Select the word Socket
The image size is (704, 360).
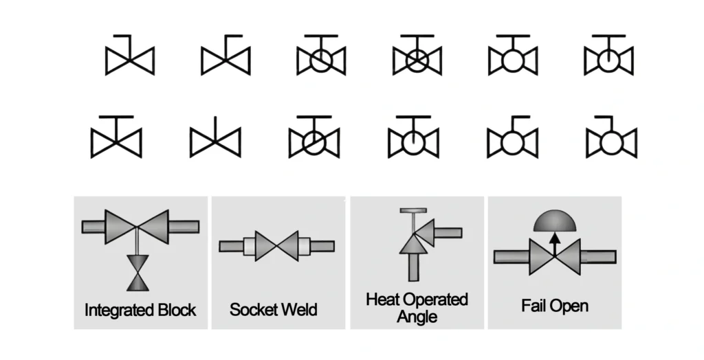pyautogui.click(x=252, y=309)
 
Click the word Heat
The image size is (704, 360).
pyautogui.click(x=382, y=300)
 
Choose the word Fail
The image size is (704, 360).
pyautogui.click(x=535, y=305)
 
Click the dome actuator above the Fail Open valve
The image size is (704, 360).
pyautogui.click(x=555, y=221)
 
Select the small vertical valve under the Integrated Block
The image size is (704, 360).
pyautogui.click(x=138, y=271)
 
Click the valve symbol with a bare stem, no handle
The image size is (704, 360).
pyautogui.click(x=215, y=142)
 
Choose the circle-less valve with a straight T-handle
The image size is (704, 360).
pyautogui.click(x=116, y=142)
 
